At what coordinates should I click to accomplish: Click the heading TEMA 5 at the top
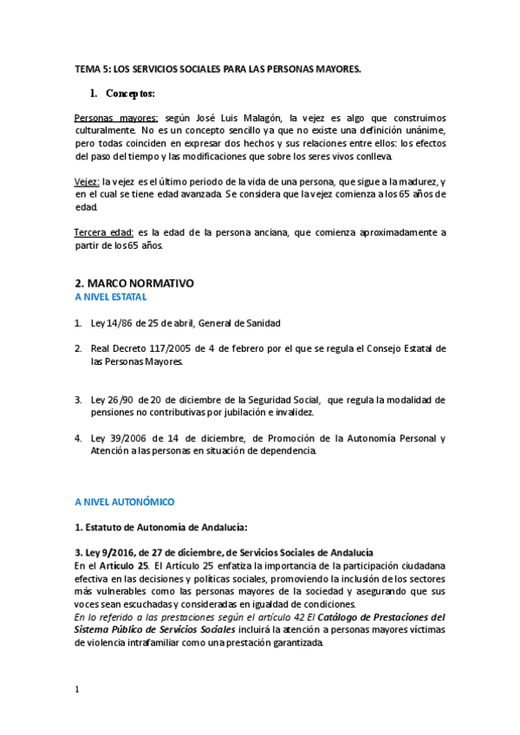(x=218, y=68)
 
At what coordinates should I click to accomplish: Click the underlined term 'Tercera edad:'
(x=104, y=232)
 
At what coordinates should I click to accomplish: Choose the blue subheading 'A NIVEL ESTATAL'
(x=111, y=296)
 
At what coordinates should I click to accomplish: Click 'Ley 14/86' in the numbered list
(x=114, y=323)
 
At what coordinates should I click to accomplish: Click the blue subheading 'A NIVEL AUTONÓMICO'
(x=125, y=502)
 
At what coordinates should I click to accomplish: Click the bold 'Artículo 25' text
(x=126, y=565)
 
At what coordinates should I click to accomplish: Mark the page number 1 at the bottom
(x=77, y=690)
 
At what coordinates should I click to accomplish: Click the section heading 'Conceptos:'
(x=130, y=93)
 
